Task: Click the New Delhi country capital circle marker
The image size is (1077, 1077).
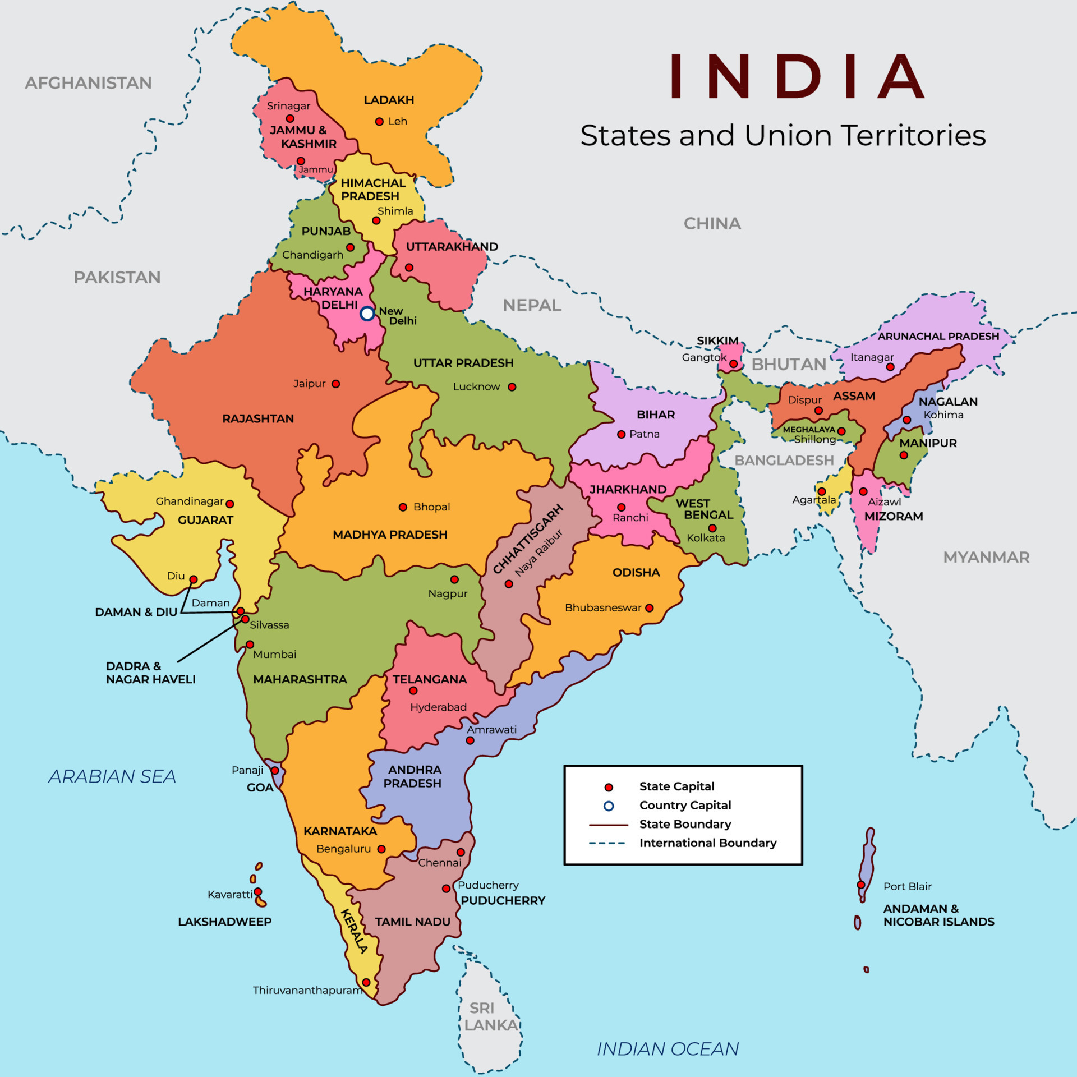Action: point(367,314)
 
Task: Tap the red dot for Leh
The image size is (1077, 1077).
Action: point(379,122)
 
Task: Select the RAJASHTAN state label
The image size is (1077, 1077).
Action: point(257,418)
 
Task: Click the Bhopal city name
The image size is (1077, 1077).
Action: point(431,507)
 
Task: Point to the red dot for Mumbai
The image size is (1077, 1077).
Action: point(250,645)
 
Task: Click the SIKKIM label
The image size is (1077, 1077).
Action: point(717,340)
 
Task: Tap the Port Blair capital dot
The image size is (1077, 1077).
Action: point(861,885)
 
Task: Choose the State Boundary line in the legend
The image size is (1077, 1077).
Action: point(608,825)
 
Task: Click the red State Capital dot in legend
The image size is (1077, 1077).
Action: point(609,788)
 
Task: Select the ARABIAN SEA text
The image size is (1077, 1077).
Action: point(112,776)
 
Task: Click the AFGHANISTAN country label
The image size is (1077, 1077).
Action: point(88,83)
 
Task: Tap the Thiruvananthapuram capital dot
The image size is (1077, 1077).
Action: point(366,982)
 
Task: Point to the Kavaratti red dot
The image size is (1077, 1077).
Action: point(258,891)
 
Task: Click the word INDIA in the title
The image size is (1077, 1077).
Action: point(797,77)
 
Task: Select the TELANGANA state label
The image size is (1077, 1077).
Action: point(430,679)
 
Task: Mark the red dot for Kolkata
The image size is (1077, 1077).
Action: point(712,528)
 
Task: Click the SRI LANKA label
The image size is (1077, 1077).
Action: point(490,1016)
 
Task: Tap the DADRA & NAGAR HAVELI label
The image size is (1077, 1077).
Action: point(150,673)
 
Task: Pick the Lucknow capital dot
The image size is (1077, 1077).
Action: point(512,387)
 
